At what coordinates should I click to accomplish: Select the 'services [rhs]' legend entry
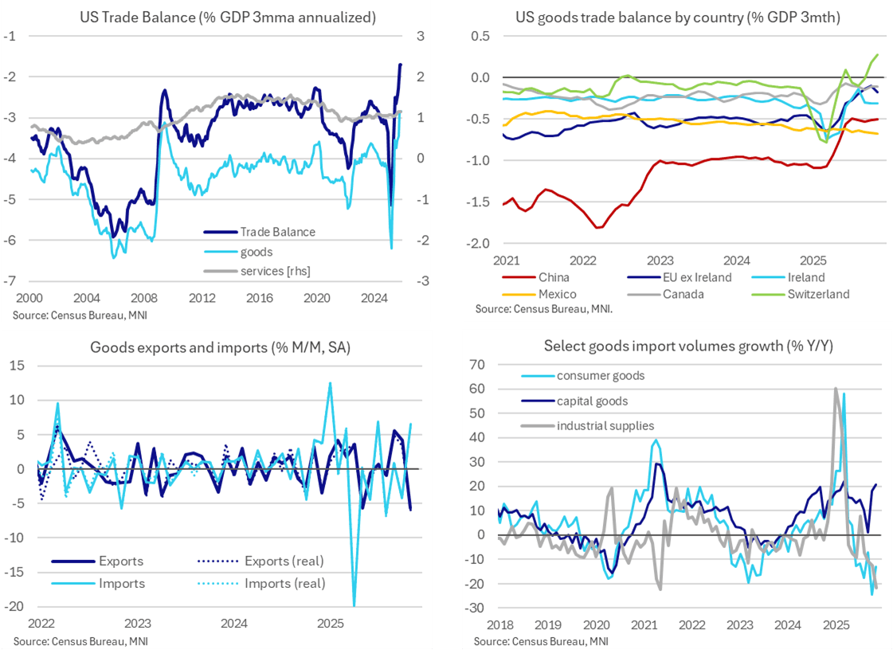click(275, 271)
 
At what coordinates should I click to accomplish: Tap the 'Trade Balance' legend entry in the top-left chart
click(277, 232)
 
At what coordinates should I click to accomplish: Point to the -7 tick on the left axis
click(11, 281)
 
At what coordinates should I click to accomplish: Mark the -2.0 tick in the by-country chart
click(481, 244)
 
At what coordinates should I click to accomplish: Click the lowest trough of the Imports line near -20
click(354, 605)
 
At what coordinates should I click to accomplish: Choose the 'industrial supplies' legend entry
click(605, 426)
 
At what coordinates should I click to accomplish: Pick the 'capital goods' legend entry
click(593, 401)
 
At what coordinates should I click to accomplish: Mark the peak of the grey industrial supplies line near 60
click(835, 389)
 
